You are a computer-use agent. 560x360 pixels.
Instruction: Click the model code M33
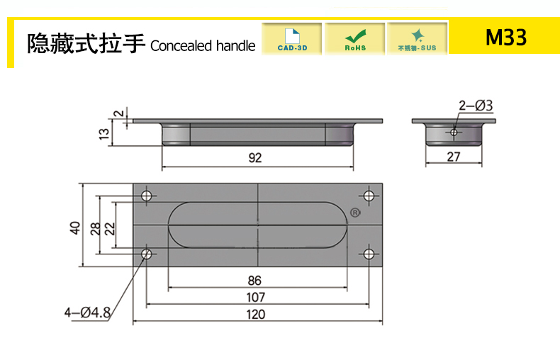[x=506, y=38]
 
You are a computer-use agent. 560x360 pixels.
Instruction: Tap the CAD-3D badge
[x=291, y=38]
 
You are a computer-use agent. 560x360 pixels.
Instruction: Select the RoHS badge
[x=355, y=38]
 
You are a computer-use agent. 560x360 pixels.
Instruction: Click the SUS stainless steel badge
[x=417, y=38]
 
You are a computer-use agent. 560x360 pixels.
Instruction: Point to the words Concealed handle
[x=203, y=45]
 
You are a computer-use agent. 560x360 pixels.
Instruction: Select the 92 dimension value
[x=255, y=158]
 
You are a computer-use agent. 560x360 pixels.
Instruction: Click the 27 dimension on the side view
[x=454, y=157]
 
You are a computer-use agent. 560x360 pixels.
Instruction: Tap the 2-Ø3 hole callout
[x=476, y=106]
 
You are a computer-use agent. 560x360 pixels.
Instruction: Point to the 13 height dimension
[x=104, y=133]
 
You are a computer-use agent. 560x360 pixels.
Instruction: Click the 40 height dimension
[x=74, y=227]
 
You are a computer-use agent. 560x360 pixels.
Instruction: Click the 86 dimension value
[x=255, y=280]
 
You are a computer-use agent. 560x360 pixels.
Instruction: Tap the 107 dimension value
[x=256, y=297]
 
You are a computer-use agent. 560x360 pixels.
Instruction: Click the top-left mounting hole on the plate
[x=147, y=196]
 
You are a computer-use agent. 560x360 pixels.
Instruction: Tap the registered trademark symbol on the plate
[x=355, y=212]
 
